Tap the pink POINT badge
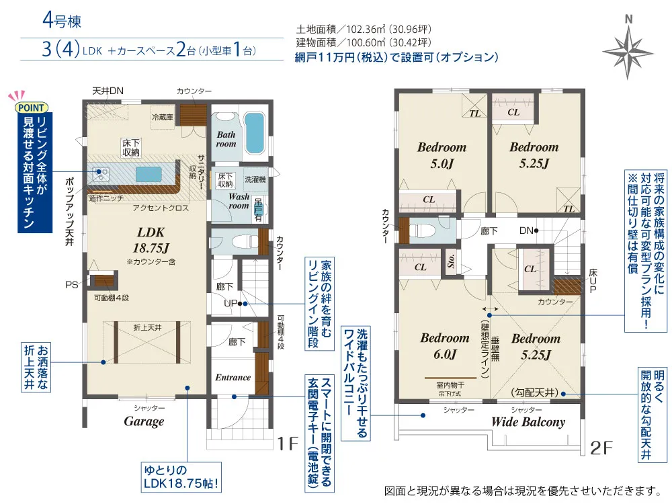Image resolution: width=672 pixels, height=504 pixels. pyautogui.click(x=31, y=108)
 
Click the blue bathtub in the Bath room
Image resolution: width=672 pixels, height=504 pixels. pyautogui.click(x=255, y=132)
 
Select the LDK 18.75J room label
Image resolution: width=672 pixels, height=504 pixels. pyautogui.click(x=151, y=240)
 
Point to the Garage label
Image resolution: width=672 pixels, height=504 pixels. pyautogui.click(x=144, y=421)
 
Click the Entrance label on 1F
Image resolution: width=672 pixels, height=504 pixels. pyautogui.click(x=233, y=378)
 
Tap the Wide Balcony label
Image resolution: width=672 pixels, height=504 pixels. pyautogui.click(x=528, y=422)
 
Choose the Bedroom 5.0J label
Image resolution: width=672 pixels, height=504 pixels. pyautogui.click(x=442, y=155)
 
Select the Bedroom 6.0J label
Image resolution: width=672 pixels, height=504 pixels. pyautogui.click(x=445, y=346)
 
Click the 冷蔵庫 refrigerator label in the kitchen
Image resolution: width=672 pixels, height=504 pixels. pyautogui.click(x=163, y=117)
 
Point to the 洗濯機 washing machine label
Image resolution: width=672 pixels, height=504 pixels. pyautogui.click(x=255, y=179)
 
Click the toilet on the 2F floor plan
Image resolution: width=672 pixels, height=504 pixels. pyautogui.click(x=422, y=230)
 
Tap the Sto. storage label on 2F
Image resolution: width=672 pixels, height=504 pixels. pyautogui.click(x=451, y=261)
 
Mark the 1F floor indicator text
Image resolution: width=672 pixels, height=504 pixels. pyautogui.click(x=288, y=444)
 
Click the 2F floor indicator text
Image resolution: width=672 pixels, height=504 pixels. pyautogui.click(x=601, y=448)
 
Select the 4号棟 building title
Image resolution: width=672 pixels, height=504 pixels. pyautogui.click(x=62, y=21)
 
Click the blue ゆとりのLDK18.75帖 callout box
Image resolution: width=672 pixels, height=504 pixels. pyautogui.click(x=181, y=477)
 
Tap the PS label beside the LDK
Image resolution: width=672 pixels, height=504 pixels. pyautogui.click(x=72, y=284)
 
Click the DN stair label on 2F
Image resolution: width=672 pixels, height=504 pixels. pyautogui.click(x=526, y=230)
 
